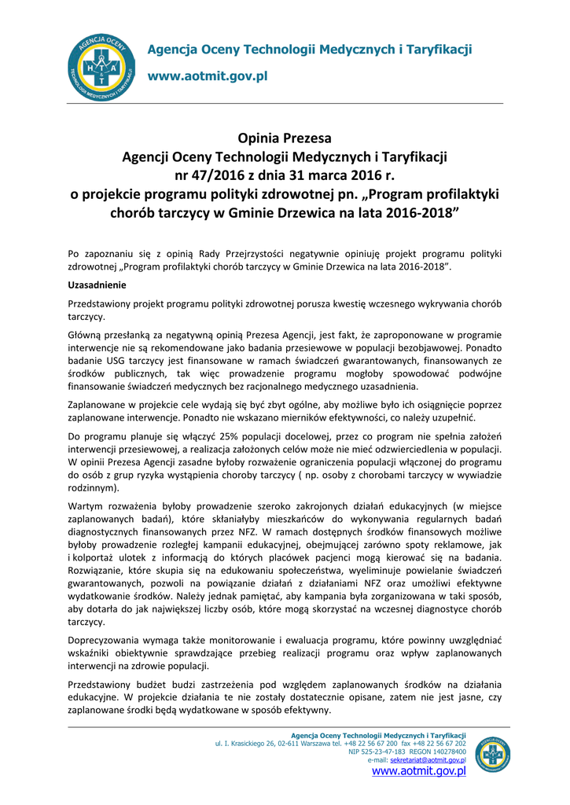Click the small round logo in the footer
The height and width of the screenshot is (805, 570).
[494, 753]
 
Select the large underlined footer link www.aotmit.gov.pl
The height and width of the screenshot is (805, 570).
[419, 772]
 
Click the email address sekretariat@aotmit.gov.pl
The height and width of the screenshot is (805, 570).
[428, 761]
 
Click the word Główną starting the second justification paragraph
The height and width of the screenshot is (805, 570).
[88, 333]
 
